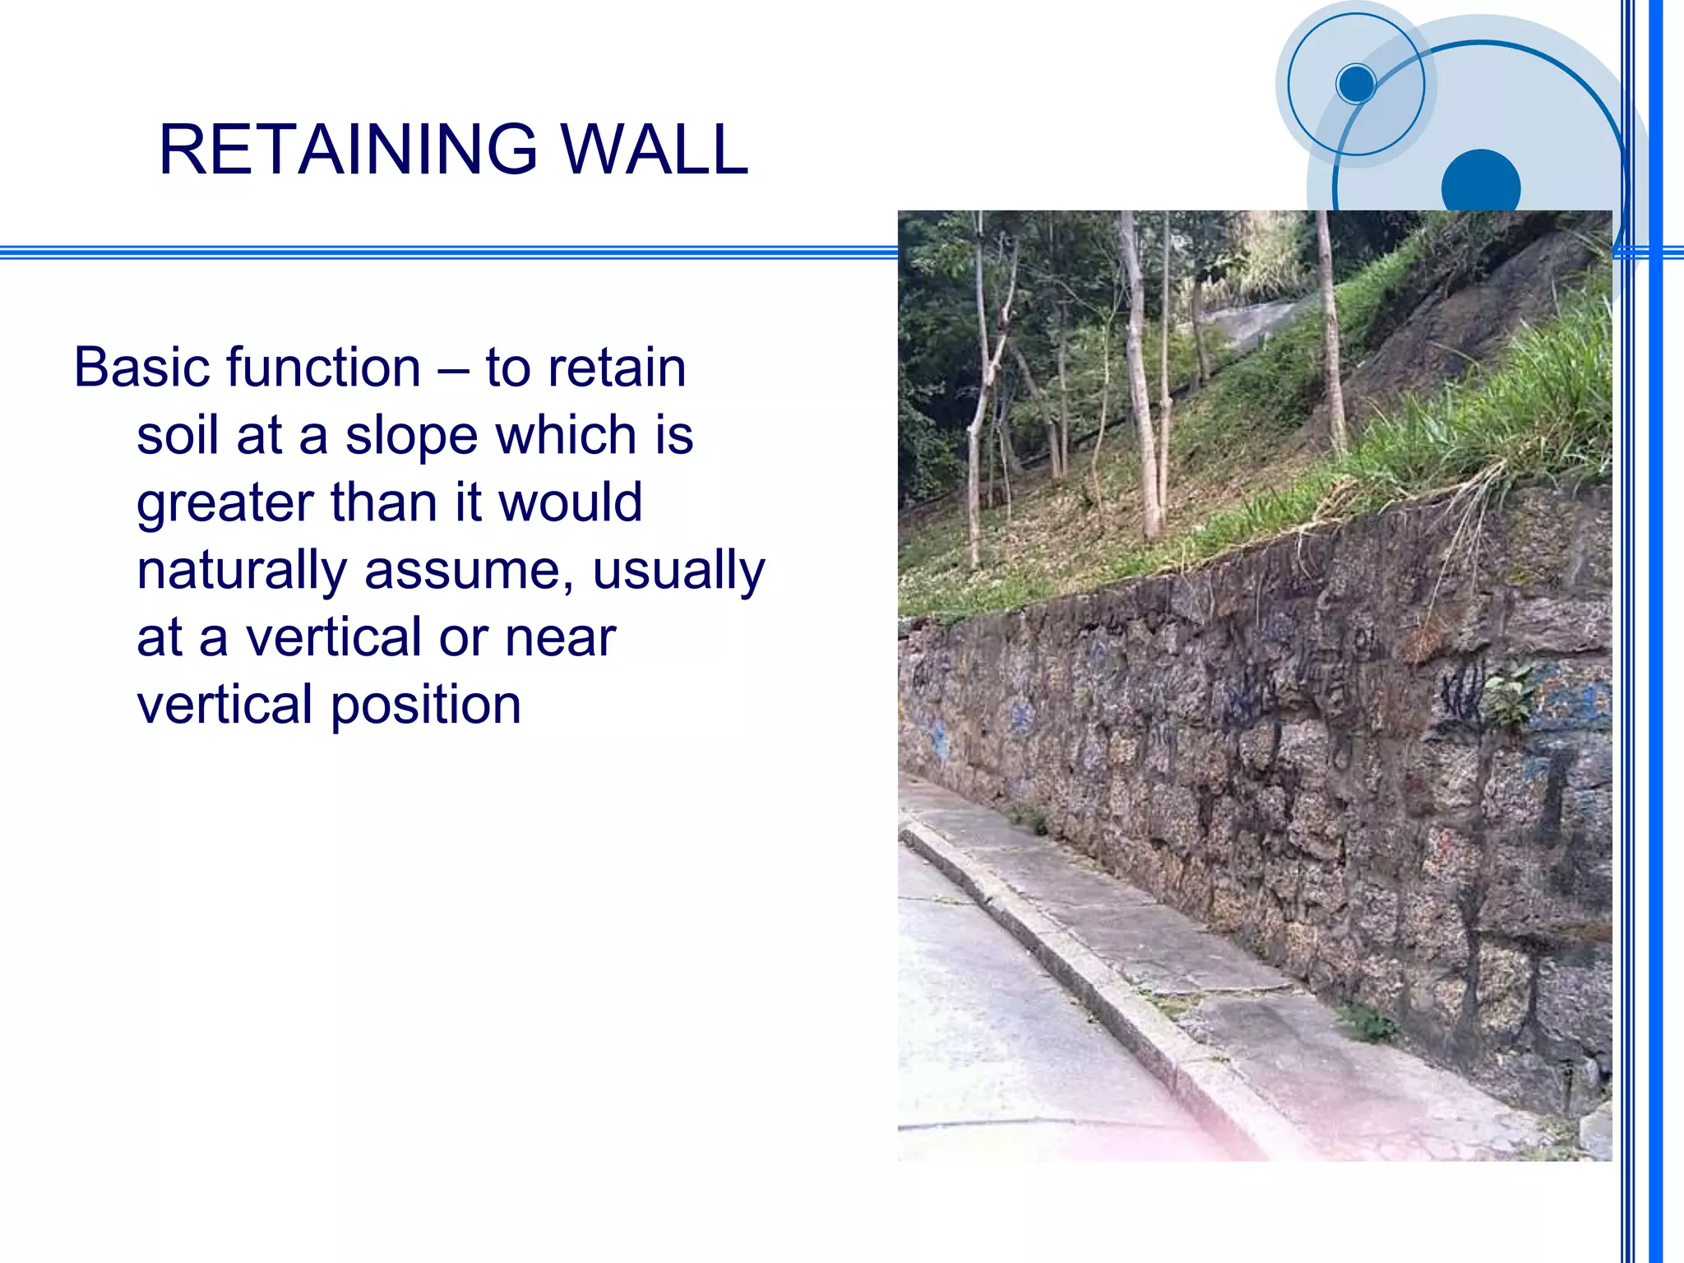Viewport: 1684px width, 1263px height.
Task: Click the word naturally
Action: click(242, 571)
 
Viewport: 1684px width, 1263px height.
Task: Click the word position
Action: click(426, 706)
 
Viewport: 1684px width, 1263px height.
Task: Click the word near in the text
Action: click(560, 638)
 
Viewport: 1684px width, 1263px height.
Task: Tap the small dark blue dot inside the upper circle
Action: click(1355, 83)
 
